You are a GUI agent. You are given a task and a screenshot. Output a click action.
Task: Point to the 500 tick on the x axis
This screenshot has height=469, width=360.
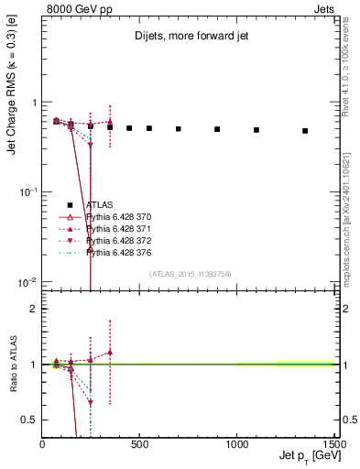pos(140,444)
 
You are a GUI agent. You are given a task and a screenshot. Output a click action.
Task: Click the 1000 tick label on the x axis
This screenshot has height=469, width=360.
pos(237,444)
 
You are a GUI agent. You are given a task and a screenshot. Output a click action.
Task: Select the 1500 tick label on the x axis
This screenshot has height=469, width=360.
pos(333,444)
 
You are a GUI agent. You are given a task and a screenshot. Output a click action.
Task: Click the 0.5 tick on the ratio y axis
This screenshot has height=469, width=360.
pos(32,420)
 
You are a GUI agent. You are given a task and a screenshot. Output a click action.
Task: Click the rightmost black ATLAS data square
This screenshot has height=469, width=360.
pos(305,131)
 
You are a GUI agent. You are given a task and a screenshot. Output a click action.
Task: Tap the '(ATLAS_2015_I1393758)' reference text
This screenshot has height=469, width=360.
pos(190,274)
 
